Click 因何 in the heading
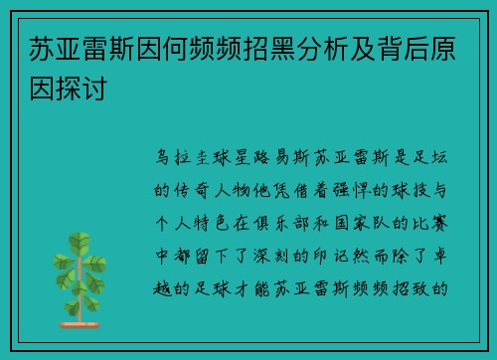click(147, 48)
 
